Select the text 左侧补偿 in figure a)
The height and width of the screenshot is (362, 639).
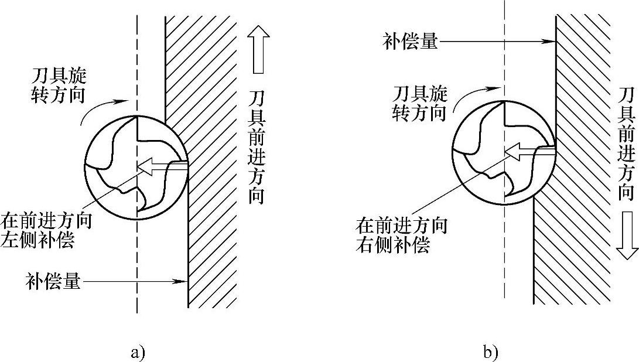coord(39,241)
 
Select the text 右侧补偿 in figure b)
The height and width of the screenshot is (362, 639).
coord(393,245)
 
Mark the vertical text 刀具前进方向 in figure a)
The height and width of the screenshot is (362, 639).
coord(255,154)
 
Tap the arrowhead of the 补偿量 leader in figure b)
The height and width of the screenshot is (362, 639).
coord(550,42)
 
